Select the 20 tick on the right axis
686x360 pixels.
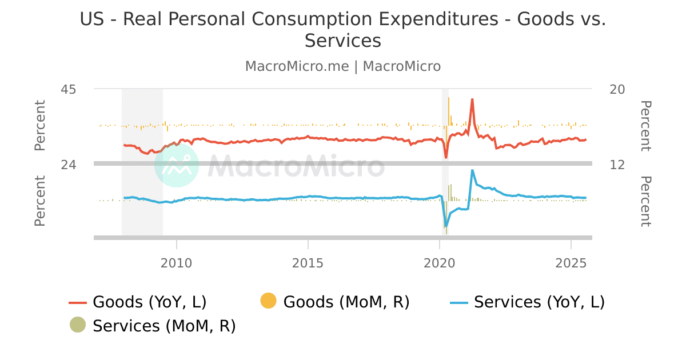[x=617, y=89]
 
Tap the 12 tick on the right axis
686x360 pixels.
[x=617, y=165]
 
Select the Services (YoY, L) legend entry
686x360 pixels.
[x=539, y=302]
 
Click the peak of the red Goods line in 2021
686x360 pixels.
[x=472, y=99]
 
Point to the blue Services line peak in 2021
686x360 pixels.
[x=472, y=170]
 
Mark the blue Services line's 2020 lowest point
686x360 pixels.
[x=445, y=227]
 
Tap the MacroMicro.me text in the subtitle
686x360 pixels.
[x=297, y=66]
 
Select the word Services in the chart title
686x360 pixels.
[x=342, y=41]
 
